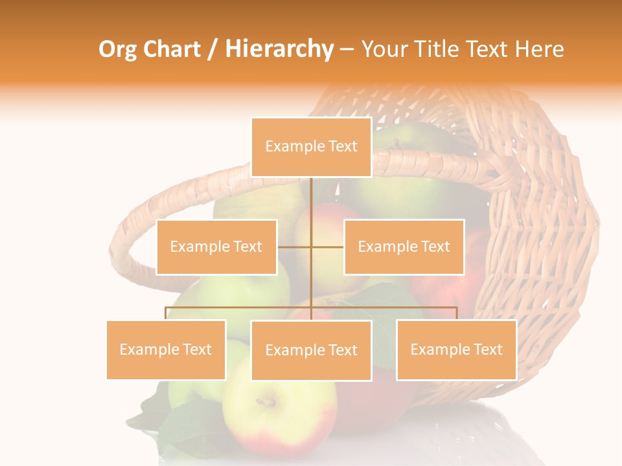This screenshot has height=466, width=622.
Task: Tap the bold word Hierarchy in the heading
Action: click(x=279, y=50)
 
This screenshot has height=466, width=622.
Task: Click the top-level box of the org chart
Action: click(x=311, y=147)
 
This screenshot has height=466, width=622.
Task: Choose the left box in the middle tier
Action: click(x=216, y=247)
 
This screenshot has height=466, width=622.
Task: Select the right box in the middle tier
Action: click(x=404, y=247)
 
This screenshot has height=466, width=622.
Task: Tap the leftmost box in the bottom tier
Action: click(x=166, y=349)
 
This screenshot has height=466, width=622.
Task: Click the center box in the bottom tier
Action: click(x=311, y=350)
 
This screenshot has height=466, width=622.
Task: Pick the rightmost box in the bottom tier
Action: click(x=456, y=349)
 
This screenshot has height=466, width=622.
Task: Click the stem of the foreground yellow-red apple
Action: click(x=266, y=403)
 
